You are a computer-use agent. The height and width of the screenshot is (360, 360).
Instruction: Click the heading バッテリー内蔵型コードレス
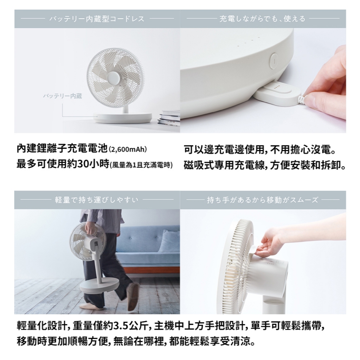click(97, 19)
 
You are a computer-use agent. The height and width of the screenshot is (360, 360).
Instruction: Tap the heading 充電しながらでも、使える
click(262, 19)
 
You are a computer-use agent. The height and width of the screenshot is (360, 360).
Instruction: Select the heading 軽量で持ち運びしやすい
click(97, 200)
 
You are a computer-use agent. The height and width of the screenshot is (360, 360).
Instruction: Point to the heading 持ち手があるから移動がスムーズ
click(262, 200)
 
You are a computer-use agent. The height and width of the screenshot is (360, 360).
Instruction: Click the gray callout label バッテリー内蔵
click(63, 96)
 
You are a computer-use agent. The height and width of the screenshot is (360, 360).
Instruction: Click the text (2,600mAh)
click(128, 149)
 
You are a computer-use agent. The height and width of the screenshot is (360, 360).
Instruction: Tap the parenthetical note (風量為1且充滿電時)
click(141, 165)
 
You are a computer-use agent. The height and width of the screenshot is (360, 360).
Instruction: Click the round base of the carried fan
click(99, 286)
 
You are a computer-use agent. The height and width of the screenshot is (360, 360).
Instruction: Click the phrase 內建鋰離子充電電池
click(62, 149)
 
